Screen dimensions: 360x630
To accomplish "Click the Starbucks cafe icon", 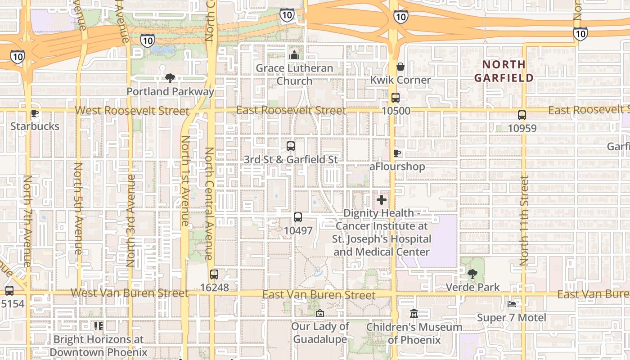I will [x=35, y=113].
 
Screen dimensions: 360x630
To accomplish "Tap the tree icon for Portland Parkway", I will [x=170, y=78].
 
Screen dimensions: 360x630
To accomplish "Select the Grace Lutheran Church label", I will [x=294, y=75].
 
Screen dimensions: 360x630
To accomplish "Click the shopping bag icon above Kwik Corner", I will [x=400, y=67].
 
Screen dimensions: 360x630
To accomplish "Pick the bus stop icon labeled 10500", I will [x=396, y=98].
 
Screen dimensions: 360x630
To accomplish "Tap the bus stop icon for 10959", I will [x=522, y=115].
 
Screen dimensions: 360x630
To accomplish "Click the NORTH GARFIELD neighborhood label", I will [x=504, y=71].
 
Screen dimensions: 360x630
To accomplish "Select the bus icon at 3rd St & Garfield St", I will [x=291, y=146].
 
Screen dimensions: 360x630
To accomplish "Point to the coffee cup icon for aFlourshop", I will [x=397, y=153].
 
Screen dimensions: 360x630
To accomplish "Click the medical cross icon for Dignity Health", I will [x=382, y=199].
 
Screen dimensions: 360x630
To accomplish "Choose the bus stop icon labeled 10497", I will [x=298, y=217].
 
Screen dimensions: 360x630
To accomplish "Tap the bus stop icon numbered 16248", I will [x=214, y=274].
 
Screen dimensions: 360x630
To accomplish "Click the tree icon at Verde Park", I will [x=472, y=274].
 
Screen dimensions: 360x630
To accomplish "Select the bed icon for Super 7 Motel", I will [x=512, y=305].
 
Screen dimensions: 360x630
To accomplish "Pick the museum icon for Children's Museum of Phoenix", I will [x=414, y=314].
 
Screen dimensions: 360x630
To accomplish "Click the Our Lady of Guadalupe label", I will [x=320, y=333].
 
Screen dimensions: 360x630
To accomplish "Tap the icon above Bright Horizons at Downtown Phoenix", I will [x=98, y=326].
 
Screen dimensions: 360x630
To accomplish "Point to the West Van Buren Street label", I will [x=129, y=293].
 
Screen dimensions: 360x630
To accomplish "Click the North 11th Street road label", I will [x=524, y=220].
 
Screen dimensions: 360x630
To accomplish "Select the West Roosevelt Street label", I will [x=132, y=111].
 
